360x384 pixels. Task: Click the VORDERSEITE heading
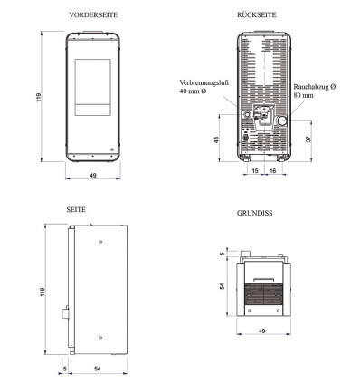pos(93,14)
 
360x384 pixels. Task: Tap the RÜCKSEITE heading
pos(257,14)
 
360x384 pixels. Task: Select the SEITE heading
pos(76,209)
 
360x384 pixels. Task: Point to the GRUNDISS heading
pos(255,213)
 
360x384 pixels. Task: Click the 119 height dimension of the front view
pos(39,97)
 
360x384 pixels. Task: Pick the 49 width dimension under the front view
pos(93,175)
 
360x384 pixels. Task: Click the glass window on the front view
pos(93,88)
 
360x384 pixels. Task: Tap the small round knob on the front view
pos(112,149)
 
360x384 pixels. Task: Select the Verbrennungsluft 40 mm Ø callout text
pos(204,87)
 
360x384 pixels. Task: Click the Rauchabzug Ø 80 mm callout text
pos(315,91)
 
